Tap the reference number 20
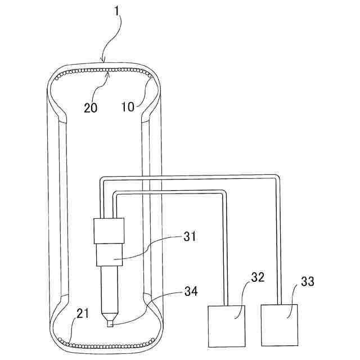(91, 108)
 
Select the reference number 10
(128, 106)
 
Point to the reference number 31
(190, 237)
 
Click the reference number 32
(258, 278)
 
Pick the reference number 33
(307, 281)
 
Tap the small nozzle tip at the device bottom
(110, 323)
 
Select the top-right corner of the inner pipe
(224, 193)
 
